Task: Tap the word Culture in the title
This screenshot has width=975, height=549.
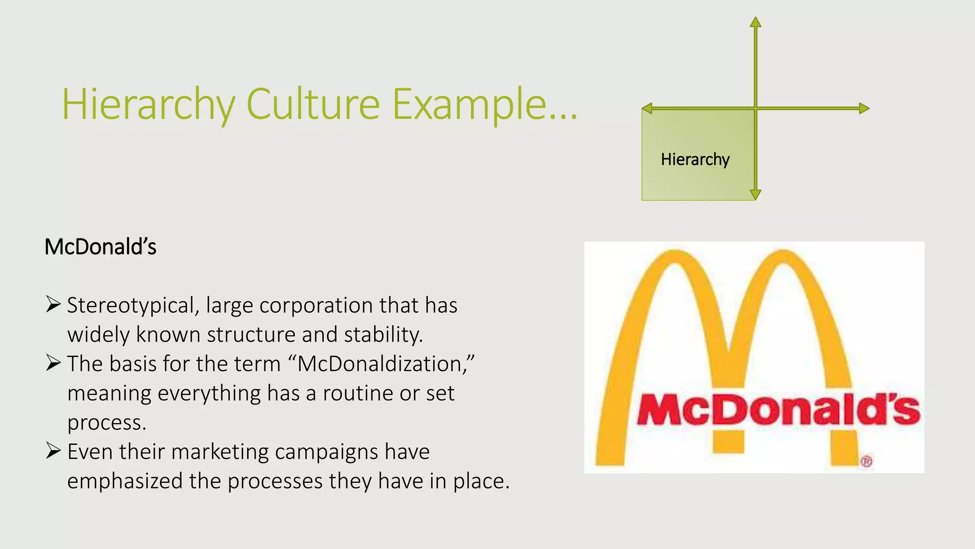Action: tap(313, 103)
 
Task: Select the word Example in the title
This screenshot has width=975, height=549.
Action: tap(469, 104)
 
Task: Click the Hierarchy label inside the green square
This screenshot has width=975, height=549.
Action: tap(695, 159)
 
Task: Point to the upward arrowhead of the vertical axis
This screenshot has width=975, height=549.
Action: tap(756, 22)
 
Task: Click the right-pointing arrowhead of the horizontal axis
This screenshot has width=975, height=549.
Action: tap(864, 109)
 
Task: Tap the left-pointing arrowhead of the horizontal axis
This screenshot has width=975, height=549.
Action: tap(647, 109)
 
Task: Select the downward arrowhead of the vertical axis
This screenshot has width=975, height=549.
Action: tap(756, 194)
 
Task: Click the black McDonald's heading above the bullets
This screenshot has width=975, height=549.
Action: tap(100, 247)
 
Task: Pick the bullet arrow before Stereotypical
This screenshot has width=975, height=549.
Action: tap(53, 304)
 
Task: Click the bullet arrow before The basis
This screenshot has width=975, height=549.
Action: tap(53, 363)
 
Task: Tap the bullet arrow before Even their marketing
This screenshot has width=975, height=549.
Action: tap(53, 450)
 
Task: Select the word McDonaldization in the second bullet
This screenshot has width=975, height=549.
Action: tap(381, 364)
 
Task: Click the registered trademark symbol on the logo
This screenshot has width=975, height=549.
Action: tap(866, 461)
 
